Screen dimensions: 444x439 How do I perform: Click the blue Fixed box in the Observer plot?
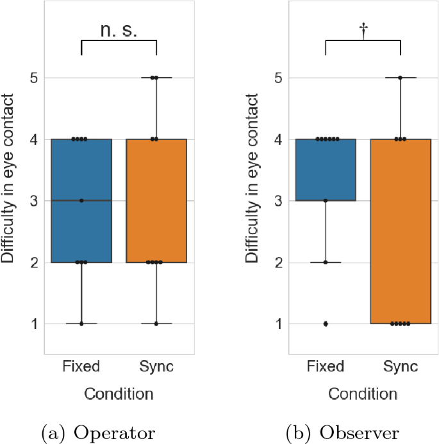pyautogui.click(x=326, y=170)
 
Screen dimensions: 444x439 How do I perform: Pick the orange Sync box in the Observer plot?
pyautogui.click(x=400, y=231)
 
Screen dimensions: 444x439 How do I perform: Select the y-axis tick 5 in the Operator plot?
pyautogui.click(x=33, y=78)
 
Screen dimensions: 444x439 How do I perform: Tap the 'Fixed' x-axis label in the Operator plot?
pyautogui.click(x=81, y=367)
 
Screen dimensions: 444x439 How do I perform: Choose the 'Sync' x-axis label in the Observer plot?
pyautogui.click(x=400, y=367)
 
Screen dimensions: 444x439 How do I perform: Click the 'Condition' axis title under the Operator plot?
pyautogui.click(x=119, y=392)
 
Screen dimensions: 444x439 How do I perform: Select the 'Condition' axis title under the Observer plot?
pyautogui.click(x=363, y=392)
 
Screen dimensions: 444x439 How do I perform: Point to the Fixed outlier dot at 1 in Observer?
pyautogui.click(x=326, y=323)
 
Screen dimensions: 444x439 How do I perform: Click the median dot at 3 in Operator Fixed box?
pyautogui.click(x=81, y=201)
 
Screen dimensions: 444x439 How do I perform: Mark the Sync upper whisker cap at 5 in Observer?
pyautogui.click(x=400, y=78)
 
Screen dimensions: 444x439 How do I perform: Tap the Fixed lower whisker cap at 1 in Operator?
pyautogui.click(x=81, y=324)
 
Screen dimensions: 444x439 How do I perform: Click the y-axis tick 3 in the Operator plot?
pyautogui.click(x=33, y=201)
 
